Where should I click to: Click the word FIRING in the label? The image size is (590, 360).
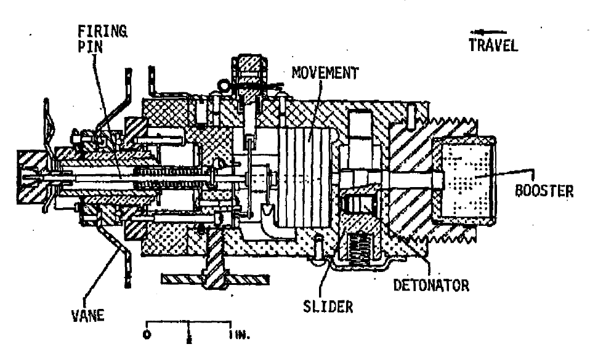102,31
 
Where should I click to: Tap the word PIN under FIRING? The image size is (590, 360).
90,47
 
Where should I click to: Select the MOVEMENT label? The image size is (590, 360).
325,73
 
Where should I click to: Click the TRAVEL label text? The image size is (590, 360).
493,45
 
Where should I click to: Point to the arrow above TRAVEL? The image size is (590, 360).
488,33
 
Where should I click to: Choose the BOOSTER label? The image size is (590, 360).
544,191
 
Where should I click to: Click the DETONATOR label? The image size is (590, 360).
431,286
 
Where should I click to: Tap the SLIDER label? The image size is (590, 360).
328,307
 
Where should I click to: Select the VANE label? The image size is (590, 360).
87,316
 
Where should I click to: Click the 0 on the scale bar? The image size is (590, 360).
147,335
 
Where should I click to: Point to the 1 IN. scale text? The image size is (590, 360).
240,334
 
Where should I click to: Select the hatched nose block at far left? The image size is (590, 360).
33,177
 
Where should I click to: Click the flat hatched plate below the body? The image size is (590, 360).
215,279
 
